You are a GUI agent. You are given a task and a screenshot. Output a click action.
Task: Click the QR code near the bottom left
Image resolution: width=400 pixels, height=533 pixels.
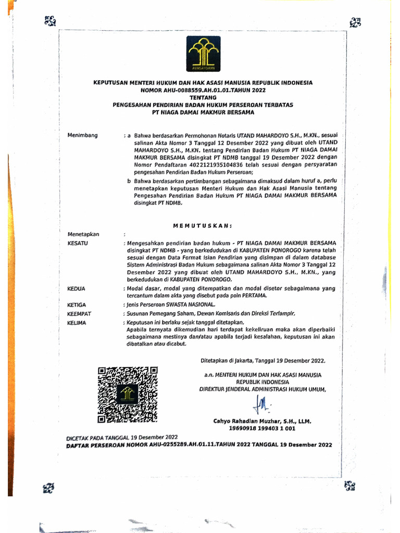[128, 394]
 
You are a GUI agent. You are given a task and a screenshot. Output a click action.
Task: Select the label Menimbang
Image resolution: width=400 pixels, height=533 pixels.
[82, 135]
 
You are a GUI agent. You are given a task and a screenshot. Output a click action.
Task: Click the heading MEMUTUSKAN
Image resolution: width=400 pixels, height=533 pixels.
[202, 225]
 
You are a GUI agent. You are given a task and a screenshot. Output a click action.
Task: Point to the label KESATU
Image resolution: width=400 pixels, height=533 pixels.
[78, 243]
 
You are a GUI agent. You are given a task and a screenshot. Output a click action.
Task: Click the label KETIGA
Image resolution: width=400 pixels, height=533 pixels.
[77, 304]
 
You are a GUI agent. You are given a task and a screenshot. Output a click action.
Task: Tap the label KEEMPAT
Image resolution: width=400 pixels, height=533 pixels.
[79, 314]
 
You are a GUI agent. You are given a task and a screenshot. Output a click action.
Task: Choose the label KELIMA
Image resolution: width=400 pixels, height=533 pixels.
[77, 323]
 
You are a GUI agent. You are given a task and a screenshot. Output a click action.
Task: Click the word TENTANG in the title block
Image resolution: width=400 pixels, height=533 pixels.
[203, 97]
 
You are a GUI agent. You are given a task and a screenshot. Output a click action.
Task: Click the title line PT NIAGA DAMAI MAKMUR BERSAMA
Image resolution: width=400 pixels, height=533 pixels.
[203, 112]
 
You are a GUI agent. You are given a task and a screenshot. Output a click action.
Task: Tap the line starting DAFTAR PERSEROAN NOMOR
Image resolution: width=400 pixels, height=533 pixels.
[198, 445]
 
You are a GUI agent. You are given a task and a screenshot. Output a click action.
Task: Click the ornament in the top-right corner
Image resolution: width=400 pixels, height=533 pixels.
[356, 22]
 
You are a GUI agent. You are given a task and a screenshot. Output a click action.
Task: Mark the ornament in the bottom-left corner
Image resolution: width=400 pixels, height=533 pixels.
[48, 488]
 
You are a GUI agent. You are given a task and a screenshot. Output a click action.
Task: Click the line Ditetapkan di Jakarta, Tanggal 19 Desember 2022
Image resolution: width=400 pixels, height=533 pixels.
[264, 360]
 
